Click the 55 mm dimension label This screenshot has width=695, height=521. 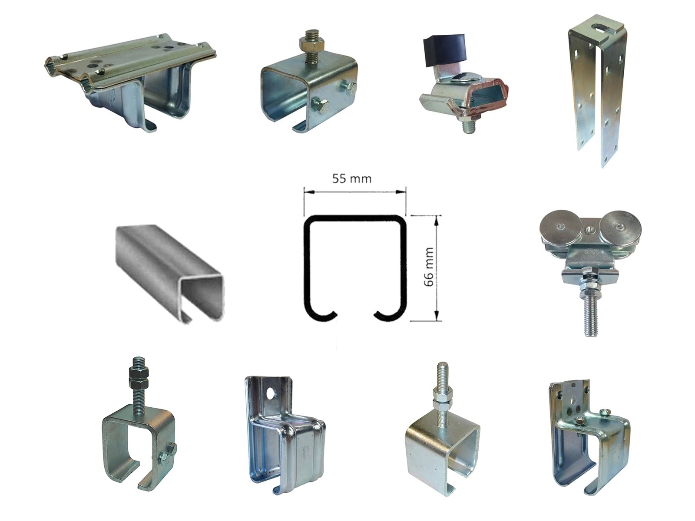[x=351, y=179]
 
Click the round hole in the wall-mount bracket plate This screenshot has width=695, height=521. [x=271, y=394]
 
